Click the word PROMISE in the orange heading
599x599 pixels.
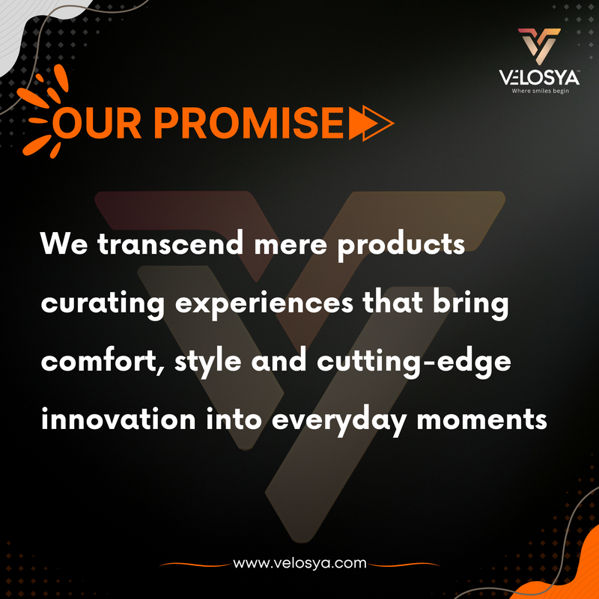[249, 123]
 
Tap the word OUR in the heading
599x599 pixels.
[97, 123]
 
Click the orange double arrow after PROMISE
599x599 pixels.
[371, 123]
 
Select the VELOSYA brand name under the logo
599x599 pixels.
[539, 78]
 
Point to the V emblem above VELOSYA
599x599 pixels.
[539, 45]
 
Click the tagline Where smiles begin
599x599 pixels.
[540, 91]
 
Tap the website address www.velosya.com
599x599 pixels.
[299, 563]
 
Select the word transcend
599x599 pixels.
[171, 243]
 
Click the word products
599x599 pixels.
[401, 246]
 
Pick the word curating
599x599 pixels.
[103, 305]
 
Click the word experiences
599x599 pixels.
[264, 305]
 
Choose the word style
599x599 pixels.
[208, 363]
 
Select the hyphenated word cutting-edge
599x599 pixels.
[414, 363]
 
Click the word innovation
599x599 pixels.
[118, 419]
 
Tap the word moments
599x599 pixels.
[481, 419]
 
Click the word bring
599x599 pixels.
[471, 305]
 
